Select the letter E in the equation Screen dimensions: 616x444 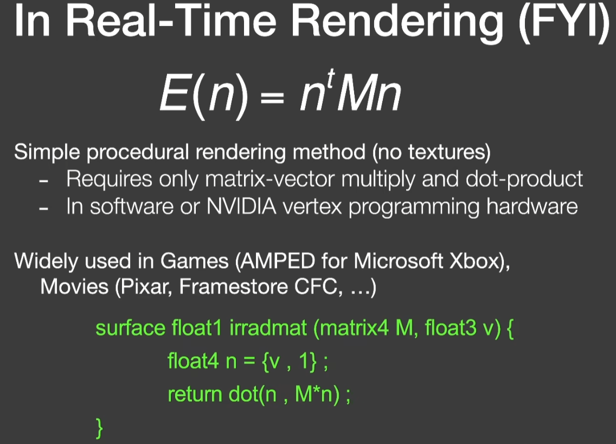point(175,93)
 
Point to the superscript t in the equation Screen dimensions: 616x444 point(331,78)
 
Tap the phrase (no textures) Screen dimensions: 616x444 point(431,153)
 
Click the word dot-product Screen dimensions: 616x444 point(524,180)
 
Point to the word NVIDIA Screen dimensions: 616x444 point(241,206)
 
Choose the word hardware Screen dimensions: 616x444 point(532,206)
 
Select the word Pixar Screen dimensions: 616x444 point(145,287)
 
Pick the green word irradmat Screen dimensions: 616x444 point(268,328)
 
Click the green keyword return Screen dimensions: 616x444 point(195,395)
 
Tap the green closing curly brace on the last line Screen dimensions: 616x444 point(99,428)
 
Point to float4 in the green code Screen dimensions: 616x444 point(193,360)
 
